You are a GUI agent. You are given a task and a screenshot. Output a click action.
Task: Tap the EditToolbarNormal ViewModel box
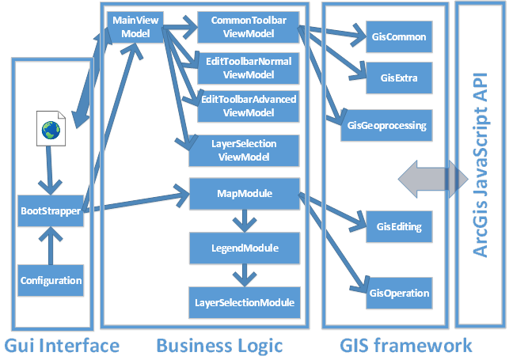tap(247, 69)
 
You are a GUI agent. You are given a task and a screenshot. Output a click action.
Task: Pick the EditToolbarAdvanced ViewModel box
tap(247, 105)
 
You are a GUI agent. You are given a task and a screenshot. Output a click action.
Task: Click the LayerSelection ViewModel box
tap(244, 150)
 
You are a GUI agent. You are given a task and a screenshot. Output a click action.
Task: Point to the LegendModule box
tap(244, 248)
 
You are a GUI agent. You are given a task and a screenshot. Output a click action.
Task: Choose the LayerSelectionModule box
tap(244, 302)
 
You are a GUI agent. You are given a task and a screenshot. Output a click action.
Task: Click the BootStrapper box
tap(51, 211)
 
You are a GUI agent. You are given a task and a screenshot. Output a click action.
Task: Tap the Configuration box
tap(51, 279)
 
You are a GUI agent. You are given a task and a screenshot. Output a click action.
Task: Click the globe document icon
tap(51, 130)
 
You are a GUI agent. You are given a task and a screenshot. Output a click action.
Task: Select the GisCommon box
tap(399, 36)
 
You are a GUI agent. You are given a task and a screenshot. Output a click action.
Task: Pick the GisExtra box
tap(399, 76)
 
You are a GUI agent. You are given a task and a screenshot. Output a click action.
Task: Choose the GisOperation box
tap(399, 293)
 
